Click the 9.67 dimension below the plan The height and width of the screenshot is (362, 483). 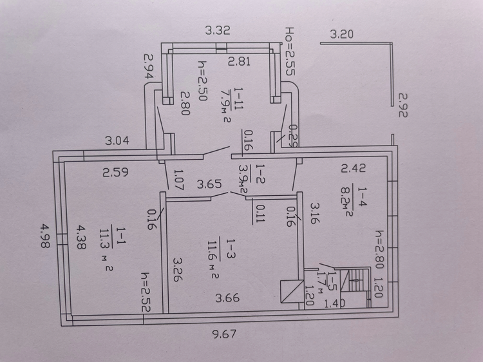click(224, 334)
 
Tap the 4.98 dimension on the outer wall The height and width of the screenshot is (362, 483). click(45, 236)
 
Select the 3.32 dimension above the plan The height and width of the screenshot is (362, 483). click(218, 30)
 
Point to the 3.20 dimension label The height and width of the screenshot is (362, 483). click(341, 34)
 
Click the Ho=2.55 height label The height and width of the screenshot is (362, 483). click(290, 51)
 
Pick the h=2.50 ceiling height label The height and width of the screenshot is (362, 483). click(203, 80)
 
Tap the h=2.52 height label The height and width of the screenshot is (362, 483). click(146, 292)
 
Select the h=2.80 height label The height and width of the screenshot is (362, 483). click(379, 249)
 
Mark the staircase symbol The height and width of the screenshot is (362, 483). click(358, 280)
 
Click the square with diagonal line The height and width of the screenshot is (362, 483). click(292, 291)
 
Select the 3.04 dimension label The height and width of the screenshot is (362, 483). click(117, 141)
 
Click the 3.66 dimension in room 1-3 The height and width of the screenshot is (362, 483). click(227, 298)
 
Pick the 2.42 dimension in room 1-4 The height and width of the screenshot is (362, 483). click(354, 168)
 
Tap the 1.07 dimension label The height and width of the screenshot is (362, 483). click(178, 179)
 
